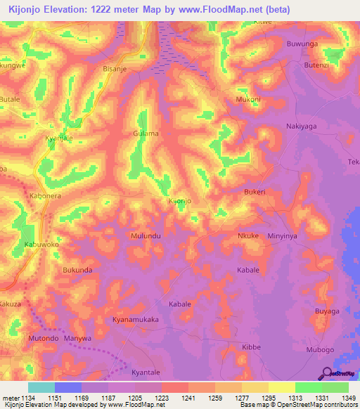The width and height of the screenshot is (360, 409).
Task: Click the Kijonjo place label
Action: tap(181, 202)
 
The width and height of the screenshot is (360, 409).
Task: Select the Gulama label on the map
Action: tap(146, 134)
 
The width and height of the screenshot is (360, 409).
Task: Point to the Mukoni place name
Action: tap(248, 100)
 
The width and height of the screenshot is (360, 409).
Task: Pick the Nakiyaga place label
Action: tap(303, 126)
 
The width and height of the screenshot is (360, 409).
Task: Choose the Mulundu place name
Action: tap(146, 236)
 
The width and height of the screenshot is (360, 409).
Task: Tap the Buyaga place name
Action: tap(327, 311)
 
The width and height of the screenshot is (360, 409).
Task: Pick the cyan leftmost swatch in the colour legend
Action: tap(41, 387)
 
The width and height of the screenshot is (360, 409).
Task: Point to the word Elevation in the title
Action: tap(67, 8)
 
